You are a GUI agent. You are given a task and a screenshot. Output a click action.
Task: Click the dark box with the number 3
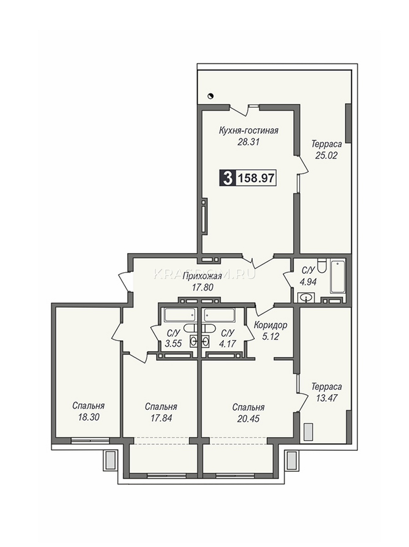tap(227, 178)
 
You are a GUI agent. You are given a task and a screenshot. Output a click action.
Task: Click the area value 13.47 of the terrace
tap(326, 398)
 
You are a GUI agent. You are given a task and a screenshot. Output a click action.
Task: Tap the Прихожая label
tap(202, 276)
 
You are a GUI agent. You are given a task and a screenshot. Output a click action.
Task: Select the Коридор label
tap(270, 325)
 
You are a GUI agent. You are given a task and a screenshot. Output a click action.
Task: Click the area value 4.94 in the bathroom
tap(308, 282)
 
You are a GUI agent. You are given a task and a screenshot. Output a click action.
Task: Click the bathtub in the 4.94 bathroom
tap(338, 276)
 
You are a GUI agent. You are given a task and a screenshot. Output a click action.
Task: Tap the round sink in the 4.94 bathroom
tap(306, 298)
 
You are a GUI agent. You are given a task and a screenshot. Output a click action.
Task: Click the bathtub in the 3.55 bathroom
tap(180, 315)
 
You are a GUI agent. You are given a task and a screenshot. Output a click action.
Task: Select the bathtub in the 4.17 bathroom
tap(219, 315)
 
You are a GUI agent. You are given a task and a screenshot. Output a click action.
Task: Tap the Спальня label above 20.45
tap(248, 408)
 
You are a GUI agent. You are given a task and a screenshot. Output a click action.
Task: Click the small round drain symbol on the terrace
tap(211, 96)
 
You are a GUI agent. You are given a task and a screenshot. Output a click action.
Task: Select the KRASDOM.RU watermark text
tap(204, 273)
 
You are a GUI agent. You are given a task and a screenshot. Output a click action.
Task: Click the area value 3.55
tap(173, 343)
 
